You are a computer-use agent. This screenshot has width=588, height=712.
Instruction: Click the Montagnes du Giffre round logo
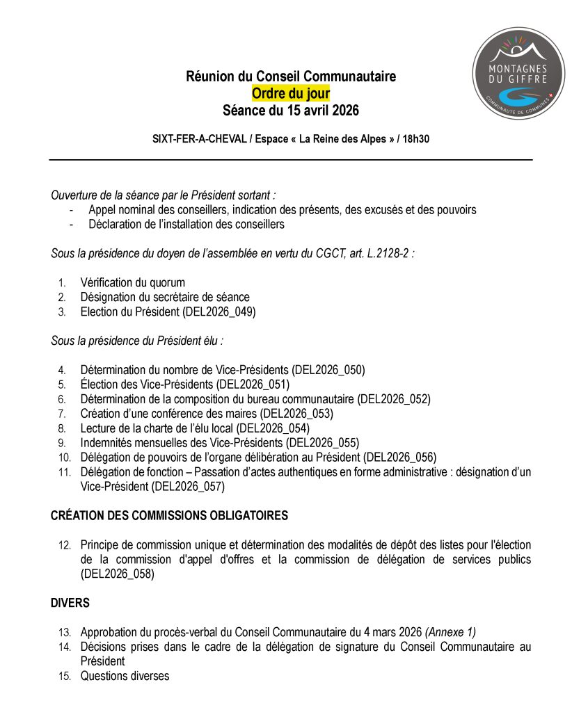[518, 73]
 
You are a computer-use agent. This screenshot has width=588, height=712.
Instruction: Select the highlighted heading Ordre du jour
[291, 94]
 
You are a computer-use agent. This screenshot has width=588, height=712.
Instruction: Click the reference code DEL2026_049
[219, 312]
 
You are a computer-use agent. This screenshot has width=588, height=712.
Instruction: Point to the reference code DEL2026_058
[117, 574]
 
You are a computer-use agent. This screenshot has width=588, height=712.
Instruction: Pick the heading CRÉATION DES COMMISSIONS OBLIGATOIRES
[169, 516]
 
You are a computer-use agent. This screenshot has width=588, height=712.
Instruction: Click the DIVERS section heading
[70, 603]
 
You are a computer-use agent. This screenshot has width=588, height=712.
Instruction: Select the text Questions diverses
[125, 676]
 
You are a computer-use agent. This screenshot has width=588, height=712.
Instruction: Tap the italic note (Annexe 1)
[451, 632]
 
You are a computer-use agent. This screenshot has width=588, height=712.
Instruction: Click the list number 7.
[62, 414]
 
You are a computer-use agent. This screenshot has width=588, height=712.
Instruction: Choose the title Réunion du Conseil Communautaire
[291, 76]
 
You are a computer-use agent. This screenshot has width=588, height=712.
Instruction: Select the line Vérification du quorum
[133, 282]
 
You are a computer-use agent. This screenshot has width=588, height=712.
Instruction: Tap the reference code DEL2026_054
[273, 428]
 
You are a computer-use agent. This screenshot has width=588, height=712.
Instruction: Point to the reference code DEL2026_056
[400, 458]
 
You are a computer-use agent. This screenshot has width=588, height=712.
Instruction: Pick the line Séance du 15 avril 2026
[291, 111]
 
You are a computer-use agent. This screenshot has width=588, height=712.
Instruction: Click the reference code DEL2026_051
[253, 385]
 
